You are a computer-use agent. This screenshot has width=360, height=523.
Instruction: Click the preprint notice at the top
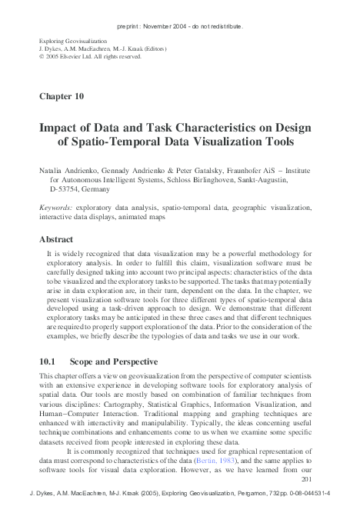180,26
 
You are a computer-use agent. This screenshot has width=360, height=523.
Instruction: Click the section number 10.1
48,361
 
